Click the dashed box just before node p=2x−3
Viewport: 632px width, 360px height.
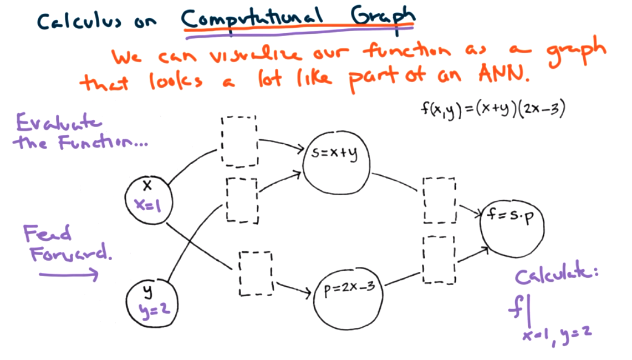point(256,272)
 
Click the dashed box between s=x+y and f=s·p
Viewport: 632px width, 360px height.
point(439,200)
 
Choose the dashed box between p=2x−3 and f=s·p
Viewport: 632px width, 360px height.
point(439,259)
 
